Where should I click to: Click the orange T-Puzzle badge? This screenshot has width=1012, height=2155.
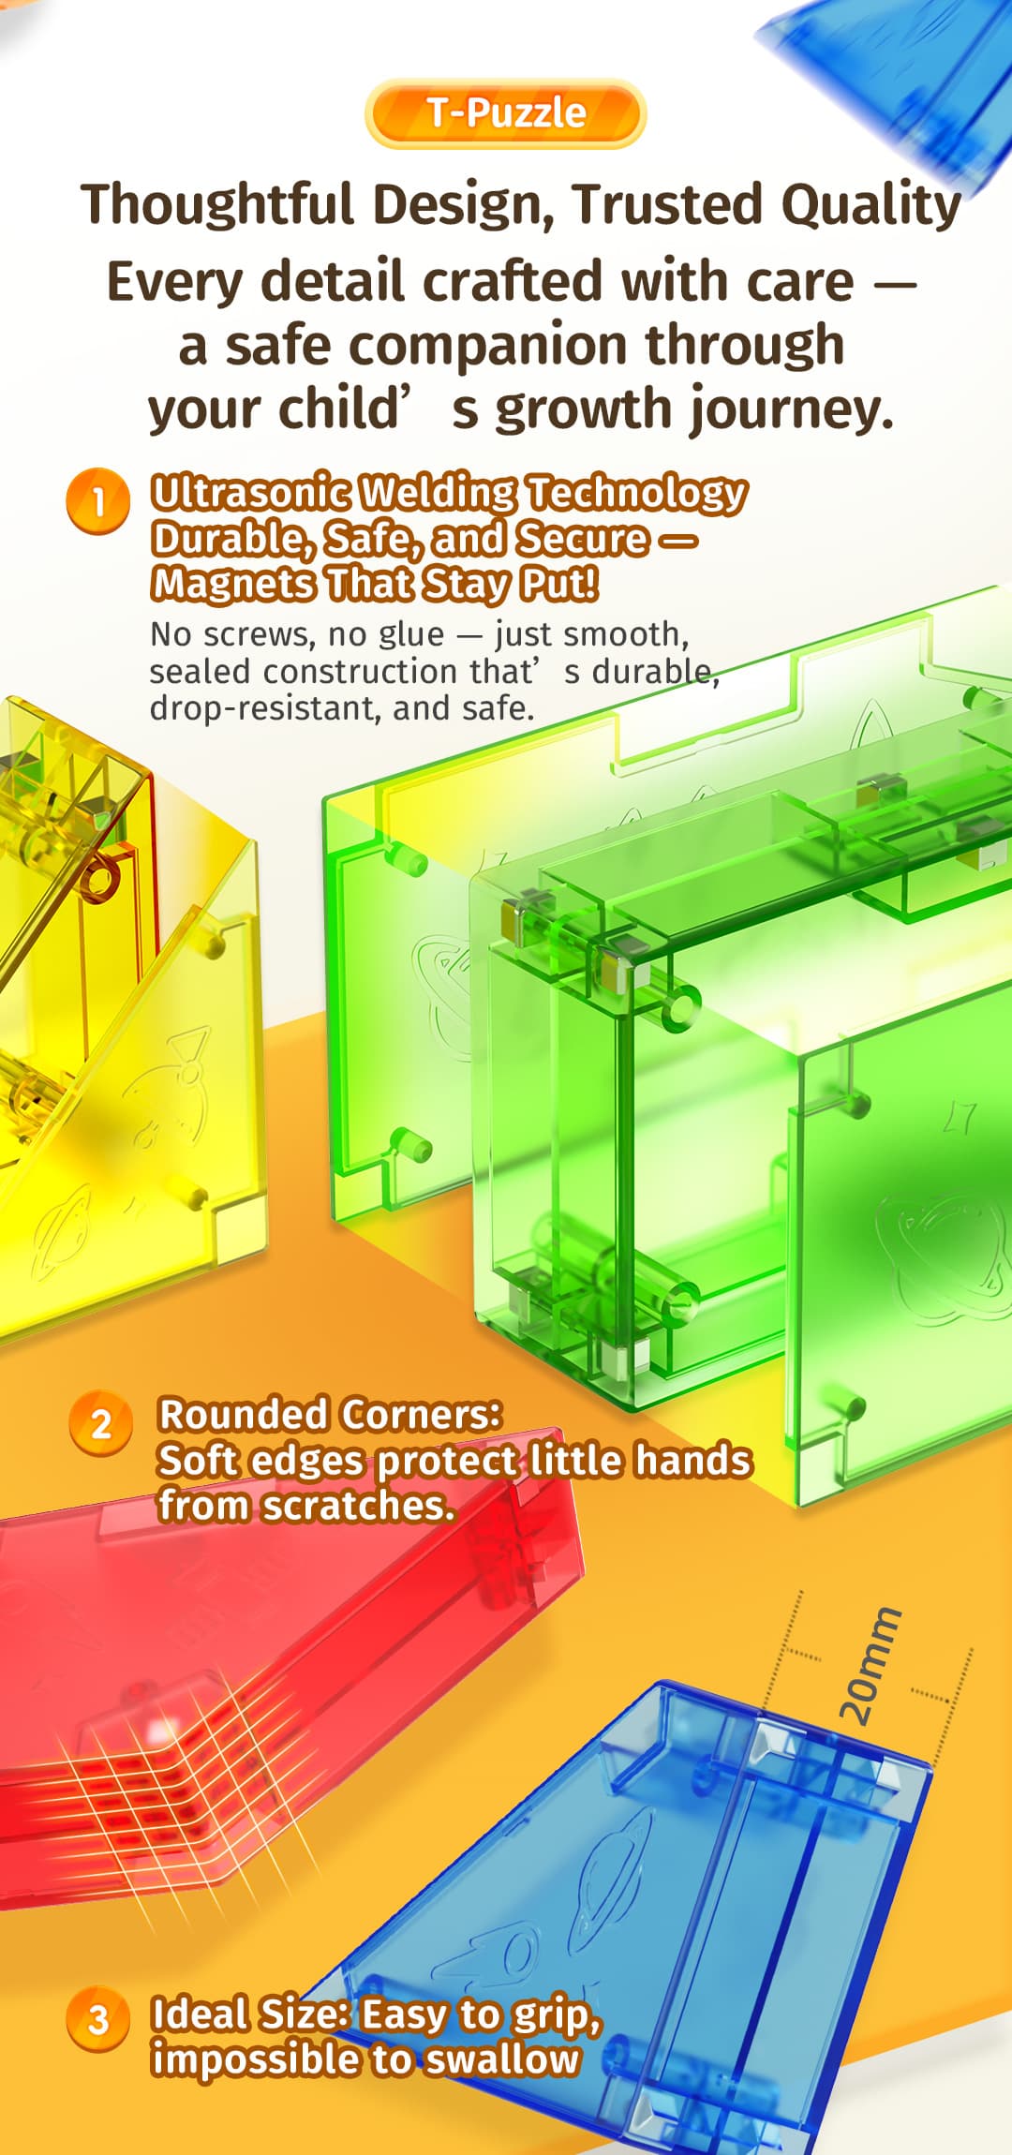coord(505,113)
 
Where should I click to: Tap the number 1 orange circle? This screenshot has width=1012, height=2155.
coord(97,501)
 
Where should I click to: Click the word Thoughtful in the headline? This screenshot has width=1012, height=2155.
coord(217,204)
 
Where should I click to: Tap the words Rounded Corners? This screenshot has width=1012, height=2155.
coord(330,1414)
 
